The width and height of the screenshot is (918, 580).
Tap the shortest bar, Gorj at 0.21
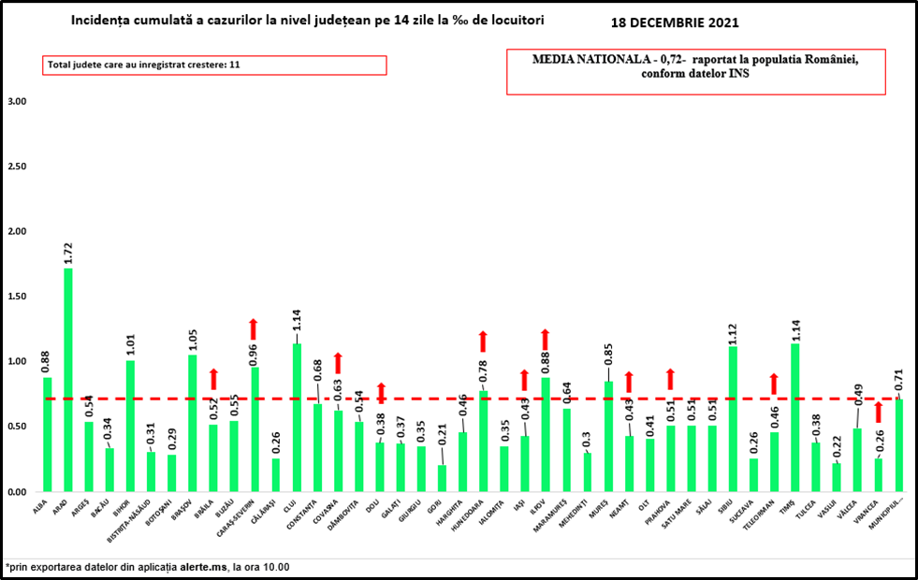[443, 478]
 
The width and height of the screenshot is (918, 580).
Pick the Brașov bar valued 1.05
[193, 423]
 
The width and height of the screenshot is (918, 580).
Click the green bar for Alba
[48, 434]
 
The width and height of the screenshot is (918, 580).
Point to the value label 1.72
[68, 254]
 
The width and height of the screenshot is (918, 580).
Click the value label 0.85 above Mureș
[609, 356]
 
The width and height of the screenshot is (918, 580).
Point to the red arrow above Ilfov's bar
[546, 339]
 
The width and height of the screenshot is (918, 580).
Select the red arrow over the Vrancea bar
[878, 413]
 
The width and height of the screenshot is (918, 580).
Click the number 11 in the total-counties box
[235, 65]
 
